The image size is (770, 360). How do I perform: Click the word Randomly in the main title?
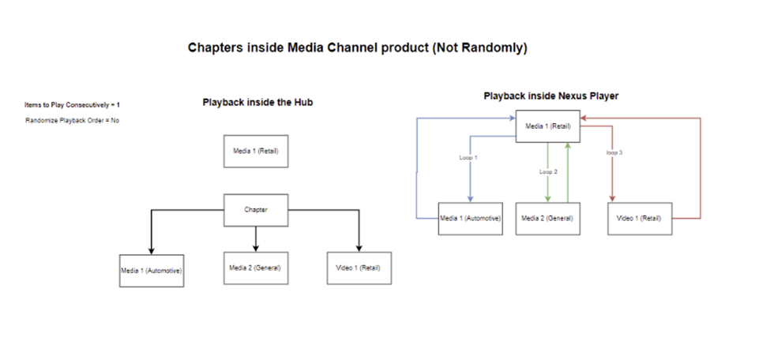click(494, 48)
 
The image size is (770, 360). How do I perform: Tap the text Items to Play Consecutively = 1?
click(72, 104)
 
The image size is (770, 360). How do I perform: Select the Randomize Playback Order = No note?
click(72, 120)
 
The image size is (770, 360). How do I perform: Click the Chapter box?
click(255, 210)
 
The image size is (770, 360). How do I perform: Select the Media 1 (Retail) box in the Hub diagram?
click(255, 151)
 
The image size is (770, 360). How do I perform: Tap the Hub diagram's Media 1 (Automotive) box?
click(152, 270)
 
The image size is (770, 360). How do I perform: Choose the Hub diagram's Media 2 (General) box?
click(255, 267)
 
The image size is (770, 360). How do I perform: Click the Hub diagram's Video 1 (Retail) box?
click(358, 267)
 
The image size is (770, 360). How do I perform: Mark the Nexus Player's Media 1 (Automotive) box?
click(471, 218)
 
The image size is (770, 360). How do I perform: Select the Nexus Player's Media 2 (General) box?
click(548, 218)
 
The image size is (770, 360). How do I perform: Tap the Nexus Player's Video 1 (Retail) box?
click(639, 218)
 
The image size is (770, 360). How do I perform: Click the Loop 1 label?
click(469, 157)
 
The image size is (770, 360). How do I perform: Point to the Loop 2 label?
click(549, 171)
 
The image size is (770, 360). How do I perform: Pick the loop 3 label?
click(614, 152)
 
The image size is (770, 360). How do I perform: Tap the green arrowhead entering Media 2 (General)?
click(548, 199)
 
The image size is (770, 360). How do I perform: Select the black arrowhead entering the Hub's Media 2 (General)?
click(255, 247)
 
